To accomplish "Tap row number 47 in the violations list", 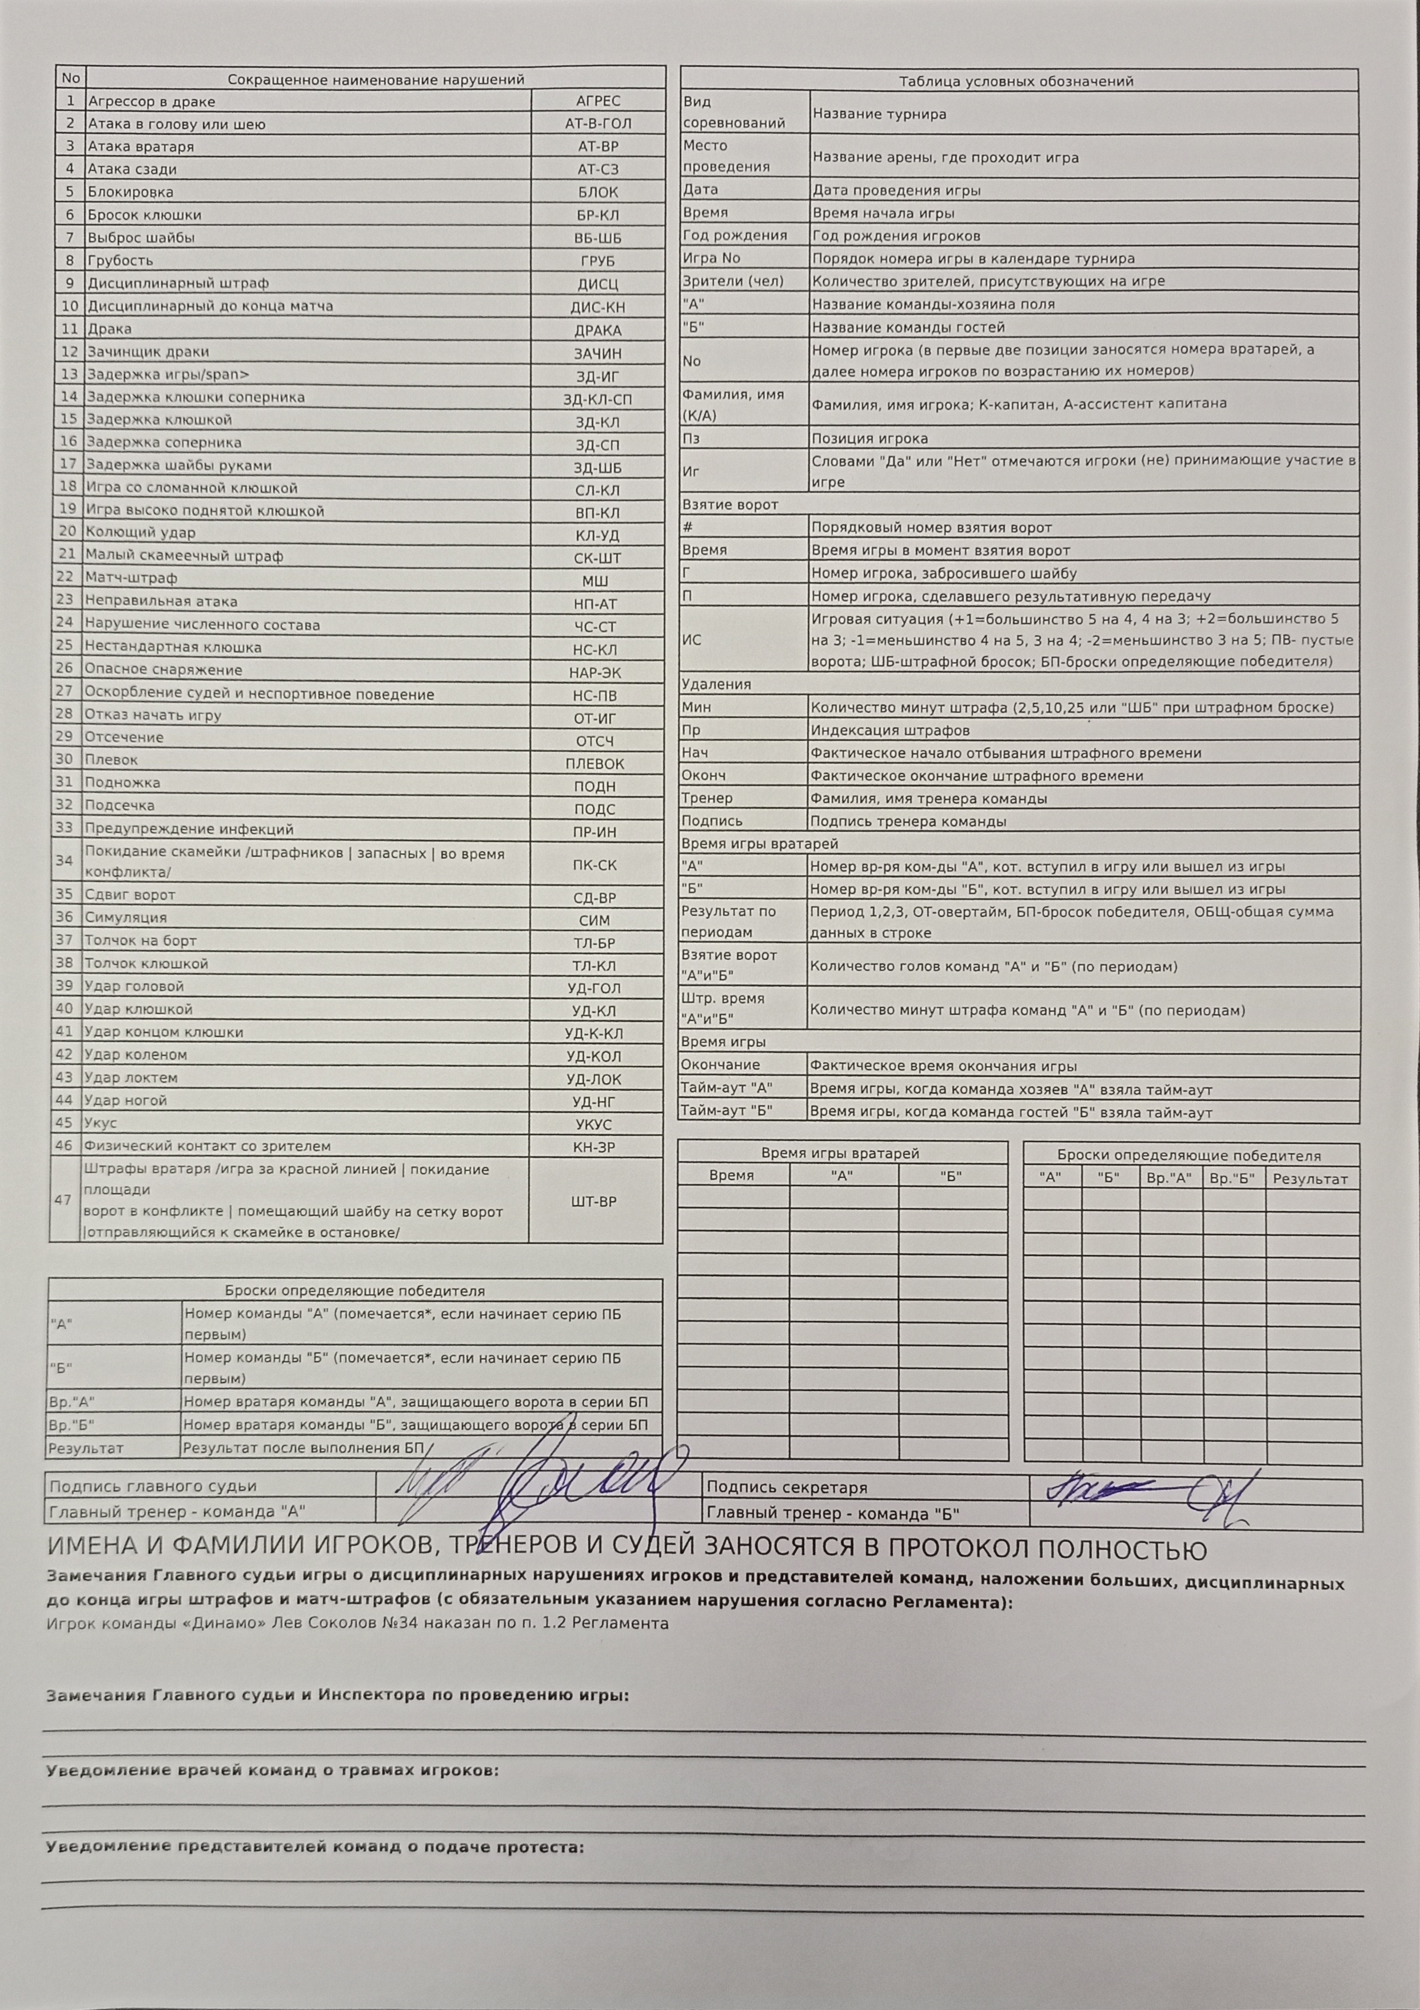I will coord(63,1200).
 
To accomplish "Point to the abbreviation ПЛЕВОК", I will coord(595,763).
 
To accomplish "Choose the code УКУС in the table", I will coord(595,1124).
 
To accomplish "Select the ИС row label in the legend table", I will coord(692,640).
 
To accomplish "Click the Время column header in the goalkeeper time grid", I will coord(732,1176).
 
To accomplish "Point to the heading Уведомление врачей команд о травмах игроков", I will coord(272,1770).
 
